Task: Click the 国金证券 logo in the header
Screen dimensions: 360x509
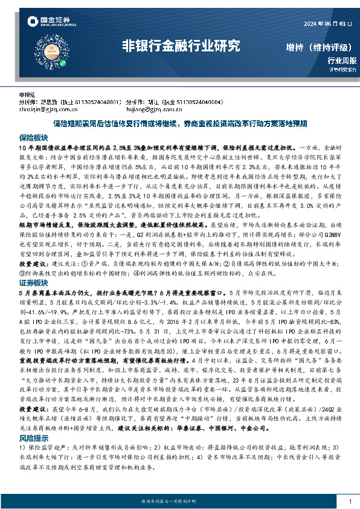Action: tap(42, 22)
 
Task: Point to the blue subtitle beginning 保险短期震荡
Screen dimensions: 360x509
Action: tap(180, 124)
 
